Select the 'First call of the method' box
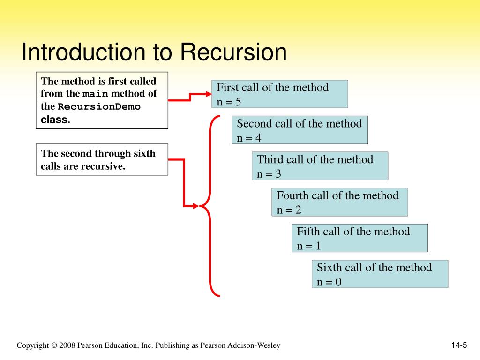click(x=280, y=94)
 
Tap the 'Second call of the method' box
click(x=300, y=130)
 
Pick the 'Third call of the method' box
click(x=320, y=166)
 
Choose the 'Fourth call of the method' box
click(x=340, y=202)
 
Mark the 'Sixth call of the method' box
click(x=380, y=274)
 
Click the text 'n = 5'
click(x=229, y=101)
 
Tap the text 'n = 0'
click(x=329, y=282)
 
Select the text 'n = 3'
click(x=269, y=174)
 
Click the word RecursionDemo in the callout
click(x=99, y=106)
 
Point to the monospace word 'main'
click(x=96, y=94)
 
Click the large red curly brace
click(x=210, y=205)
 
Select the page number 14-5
click(x=459, y=345)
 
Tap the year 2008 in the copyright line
click(x=67, y=345)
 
